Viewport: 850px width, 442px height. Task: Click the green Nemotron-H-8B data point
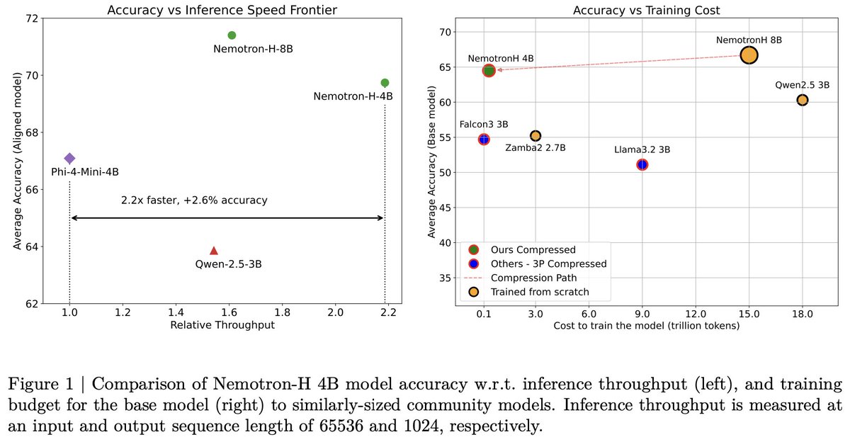(232, 35)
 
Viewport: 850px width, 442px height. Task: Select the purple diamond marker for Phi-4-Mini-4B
(69, 159)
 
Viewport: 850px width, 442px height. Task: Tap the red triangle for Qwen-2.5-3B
(214, 251)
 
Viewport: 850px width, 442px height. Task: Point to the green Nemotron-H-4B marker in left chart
(385, 83)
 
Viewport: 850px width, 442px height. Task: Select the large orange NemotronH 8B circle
(749, 55)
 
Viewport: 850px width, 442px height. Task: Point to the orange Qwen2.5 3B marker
(802, 100)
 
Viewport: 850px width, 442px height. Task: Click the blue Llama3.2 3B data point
(642, 164)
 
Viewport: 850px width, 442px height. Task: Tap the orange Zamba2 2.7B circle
(535, 135)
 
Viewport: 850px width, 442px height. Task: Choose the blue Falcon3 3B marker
(484, 139)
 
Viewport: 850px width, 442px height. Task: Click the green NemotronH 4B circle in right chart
(489, 70)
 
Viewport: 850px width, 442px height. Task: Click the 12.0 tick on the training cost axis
(696, 312)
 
